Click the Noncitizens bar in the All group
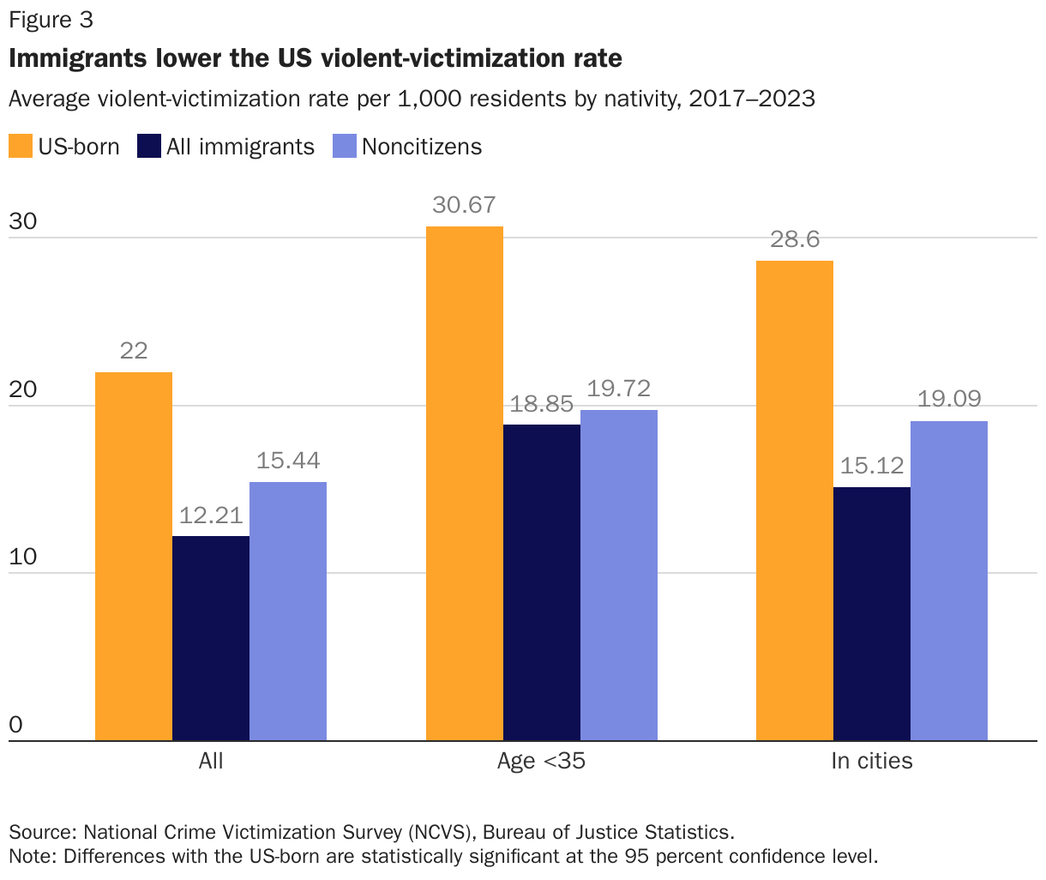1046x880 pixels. point(288,611)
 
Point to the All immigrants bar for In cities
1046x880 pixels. point(872,613)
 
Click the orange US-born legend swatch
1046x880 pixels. point(21,147)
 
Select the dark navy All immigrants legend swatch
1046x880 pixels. point(149,147)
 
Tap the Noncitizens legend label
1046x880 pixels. point(422,147)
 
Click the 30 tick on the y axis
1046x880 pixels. point(23,221)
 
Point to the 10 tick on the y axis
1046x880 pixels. point(23,557)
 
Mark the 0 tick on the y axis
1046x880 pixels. point(15,725)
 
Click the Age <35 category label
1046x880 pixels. point(541,761)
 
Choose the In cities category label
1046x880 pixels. point(872,761)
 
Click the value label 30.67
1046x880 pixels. point(465,205)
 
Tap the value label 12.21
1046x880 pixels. point(211,515)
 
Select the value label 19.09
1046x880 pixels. point(949,400)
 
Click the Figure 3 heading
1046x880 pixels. point(51,21)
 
